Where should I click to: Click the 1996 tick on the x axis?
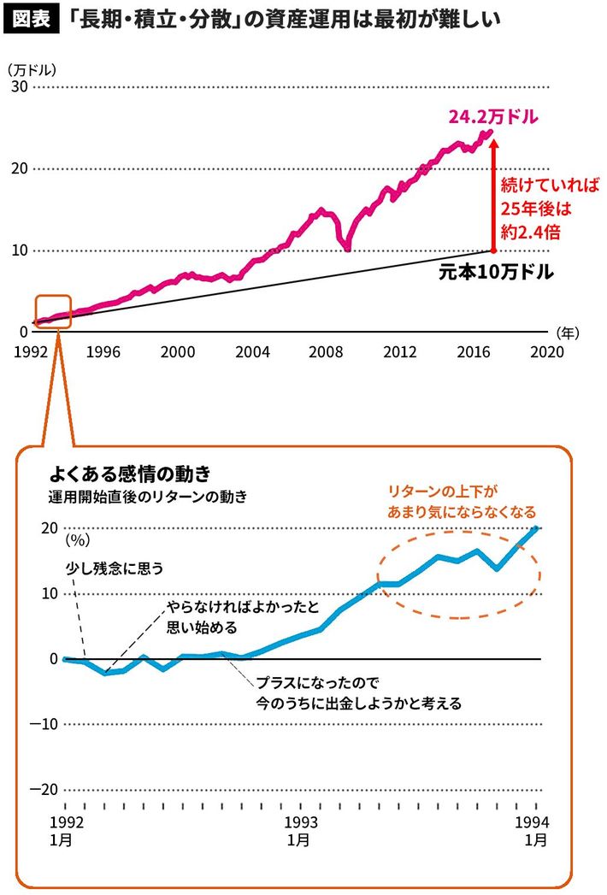102,350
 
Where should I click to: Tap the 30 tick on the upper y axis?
19,87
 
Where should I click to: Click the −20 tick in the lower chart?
46,787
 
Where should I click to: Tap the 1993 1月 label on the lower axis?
299,829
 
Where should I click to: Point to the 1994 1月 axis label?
535,829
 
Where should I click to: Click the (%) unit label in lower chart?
78,539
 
